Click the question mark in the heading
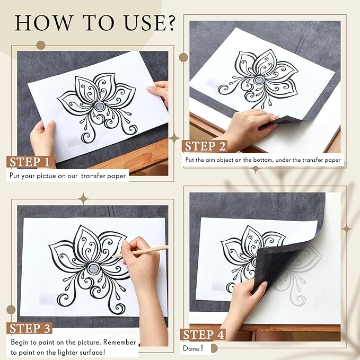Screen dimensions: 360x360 pos(170,23)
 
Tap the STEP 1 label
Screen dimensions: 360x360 pos(29,162)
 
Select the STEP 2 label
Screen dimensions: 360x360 pos(205,146)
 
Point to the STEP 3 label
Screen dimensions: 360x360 pos(30,328)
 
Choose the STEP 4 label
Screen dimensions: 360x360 pos(203,335)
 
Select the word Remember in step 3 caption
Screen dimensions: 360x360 pos(119,342)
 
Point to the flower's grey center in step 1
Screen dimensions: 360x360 pos(100,106)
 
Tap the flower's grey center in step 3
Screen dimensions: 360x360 pos(94,268)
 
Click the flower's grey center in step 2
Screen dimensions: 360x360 pos(259,80)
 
